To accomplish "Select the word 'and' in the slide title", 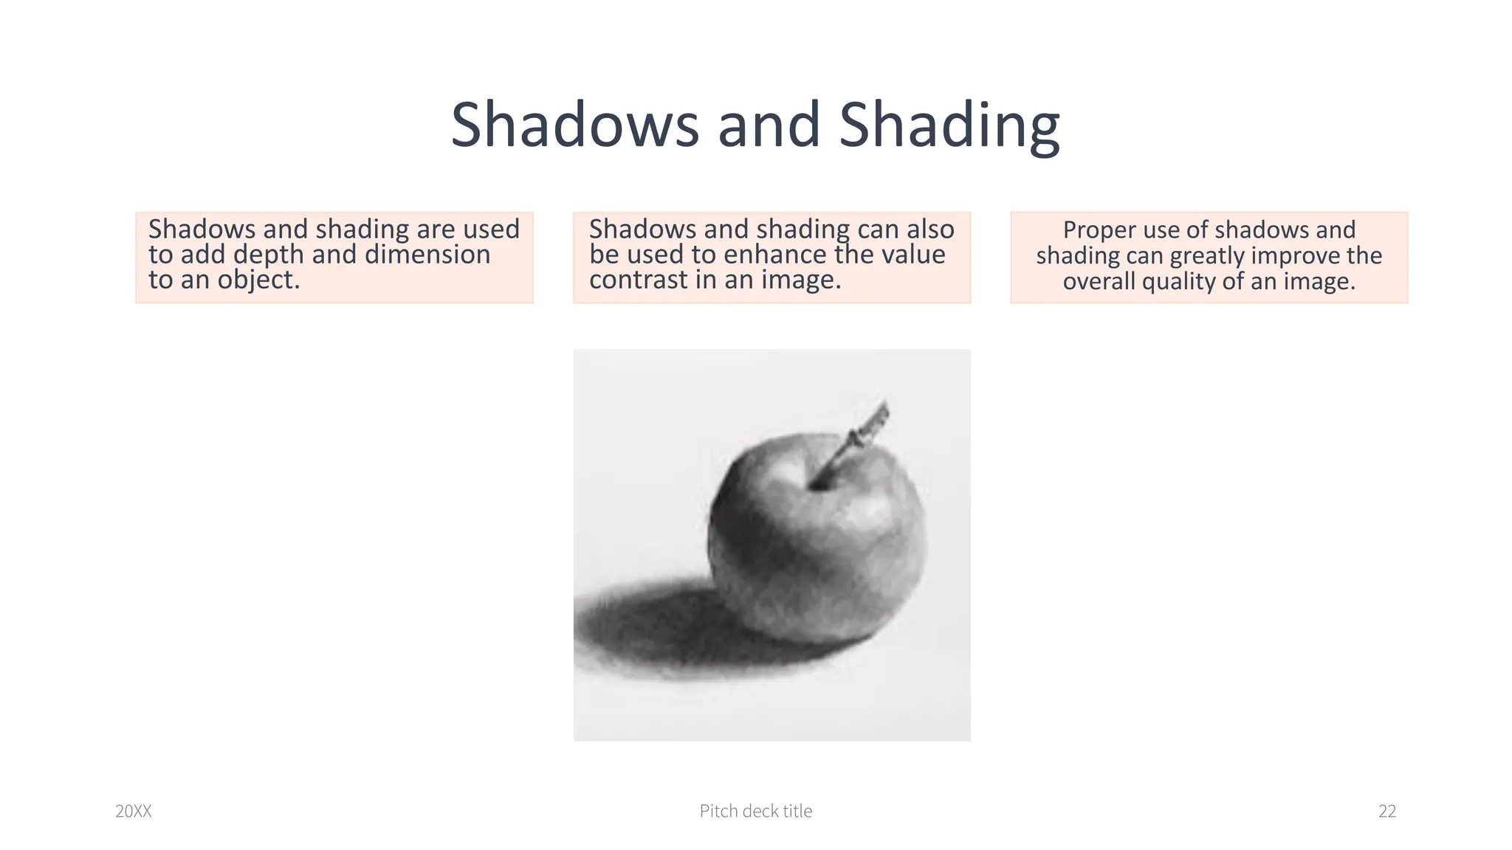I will [x=769, y=125].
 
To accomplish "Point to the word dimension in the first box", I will [x=427, y=255].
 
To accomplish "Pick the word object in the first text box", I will [x=258, y=280].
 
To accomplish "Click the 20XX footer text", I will [x=134, y=812].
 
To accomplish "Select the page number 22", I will [x=1387, y=812].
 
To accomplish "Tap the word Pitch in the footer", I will [x=718, y=812].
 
